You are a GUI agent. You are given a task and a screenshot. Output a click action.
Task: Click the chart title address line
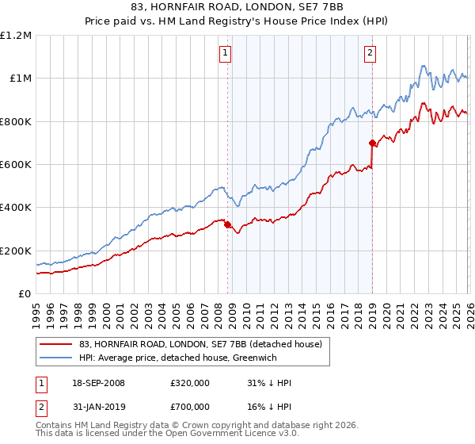pos(237,7)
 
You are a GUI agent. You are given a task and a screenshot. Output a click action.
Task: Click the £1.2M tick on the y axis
pos(16,36)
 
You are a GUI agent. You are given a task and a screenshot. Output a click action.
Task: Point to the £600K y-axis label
pos(16,165)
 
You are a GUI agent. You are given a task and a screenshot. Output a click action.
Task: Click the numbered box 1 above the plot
pos(226,53)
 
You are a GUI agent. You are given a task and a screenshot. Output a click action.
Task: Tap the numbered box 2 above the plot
pos(370,53)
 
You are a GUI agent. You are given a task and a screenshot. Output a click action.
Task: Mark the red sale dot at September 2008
pos(228,225)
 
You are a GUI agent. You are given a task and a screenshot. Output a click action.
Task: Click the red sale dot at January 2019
pos(372,144)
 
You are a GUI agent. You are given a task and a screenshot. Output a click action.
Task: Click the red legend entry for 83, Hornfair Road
pos(199,344)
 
